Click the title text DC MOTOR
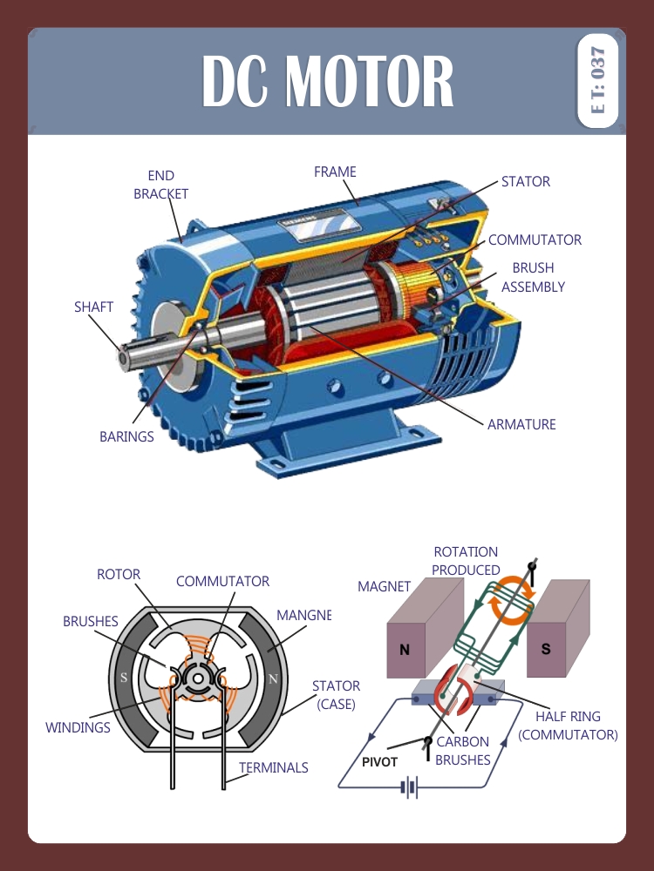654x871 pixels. coord(327,81)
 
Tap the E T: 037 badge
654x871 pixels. coord(597,81)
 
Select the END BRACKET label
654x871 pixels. coord(160,185)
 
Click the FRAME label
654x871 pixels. coord(335,172)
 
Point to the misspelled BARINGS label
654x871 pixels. coord(126,437)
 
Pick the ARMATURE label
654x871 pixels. coord(521,425)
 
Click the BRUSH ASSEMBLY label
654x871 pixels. coord(533,278)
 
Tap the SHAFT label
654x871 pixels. coord(93,307)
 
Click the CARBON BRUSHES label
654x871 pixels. coord(462,751)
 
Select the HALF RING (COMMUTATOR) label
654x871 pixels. coord(568,726)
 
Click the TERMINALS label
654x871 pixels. coord(273,768)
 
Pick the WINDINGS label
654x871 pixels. coord(78,727)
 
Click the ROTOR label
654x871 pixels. coord(118,575)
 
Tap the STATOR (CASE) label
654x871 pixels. coord(336,695)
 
